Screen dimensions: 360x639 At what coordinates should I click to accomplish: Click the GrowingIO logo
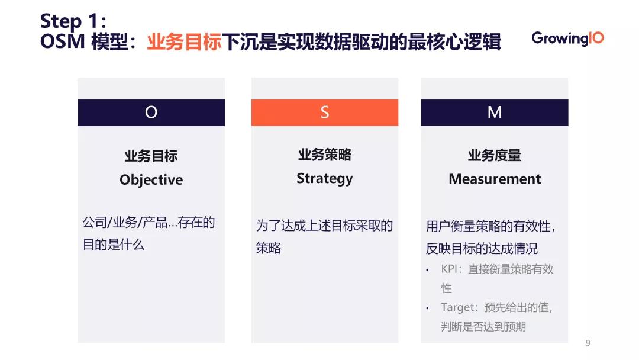click(567, 38)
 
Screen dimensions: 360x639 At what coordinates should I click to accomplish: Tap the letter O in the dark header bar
click(151, 112)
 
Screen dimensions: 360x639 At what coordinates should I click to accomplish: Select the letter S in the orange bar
click(324, 112)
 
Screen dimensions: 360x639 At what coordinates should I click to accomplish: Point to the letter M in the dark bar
click(494, 112)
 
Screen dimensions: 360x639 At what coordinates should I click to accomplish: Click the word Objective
click(151, 180)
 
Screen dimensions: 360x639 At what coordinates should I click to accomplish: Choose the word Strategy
click(324, 178)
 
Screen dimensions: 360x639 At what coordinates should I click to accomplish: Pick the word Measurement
click(495, 179)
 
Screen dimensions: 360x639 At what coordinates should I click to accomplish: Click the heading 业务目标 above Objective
click(151, 156)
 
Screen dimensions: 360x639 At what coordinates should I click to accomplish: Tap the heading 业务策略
click(324, 155)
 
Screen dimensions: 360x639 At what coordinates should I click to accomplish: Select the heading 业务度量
click(495, 156)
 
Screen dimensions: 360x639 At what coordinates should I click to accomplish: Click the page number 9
click(588, 343)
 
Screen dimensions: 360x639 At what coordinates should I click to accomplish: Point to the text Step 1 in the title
click(70, 21)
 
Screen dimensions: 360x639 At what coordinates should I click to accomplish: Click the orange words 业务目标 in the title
click(184, 43)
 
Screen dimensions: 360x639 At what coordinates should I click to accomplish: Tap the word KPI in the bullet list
click(450, 269)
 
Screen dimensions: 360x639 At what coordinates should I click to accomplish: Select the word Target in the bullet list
click(458, 307)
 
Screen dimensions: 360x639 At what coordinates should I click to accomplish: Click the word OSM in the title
click(63, 43)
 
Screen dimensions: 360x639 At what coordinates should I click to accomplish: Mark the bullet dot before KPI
click(427, 270)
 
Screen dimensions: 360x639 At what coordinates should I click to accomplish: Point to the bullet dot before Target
click(427, 308)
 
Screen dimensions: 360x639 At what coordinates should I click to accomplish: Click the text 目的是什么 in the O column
click(114, 245)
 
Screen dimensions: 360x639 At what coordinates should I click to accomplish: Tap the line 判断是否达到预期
click(483, 326)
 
